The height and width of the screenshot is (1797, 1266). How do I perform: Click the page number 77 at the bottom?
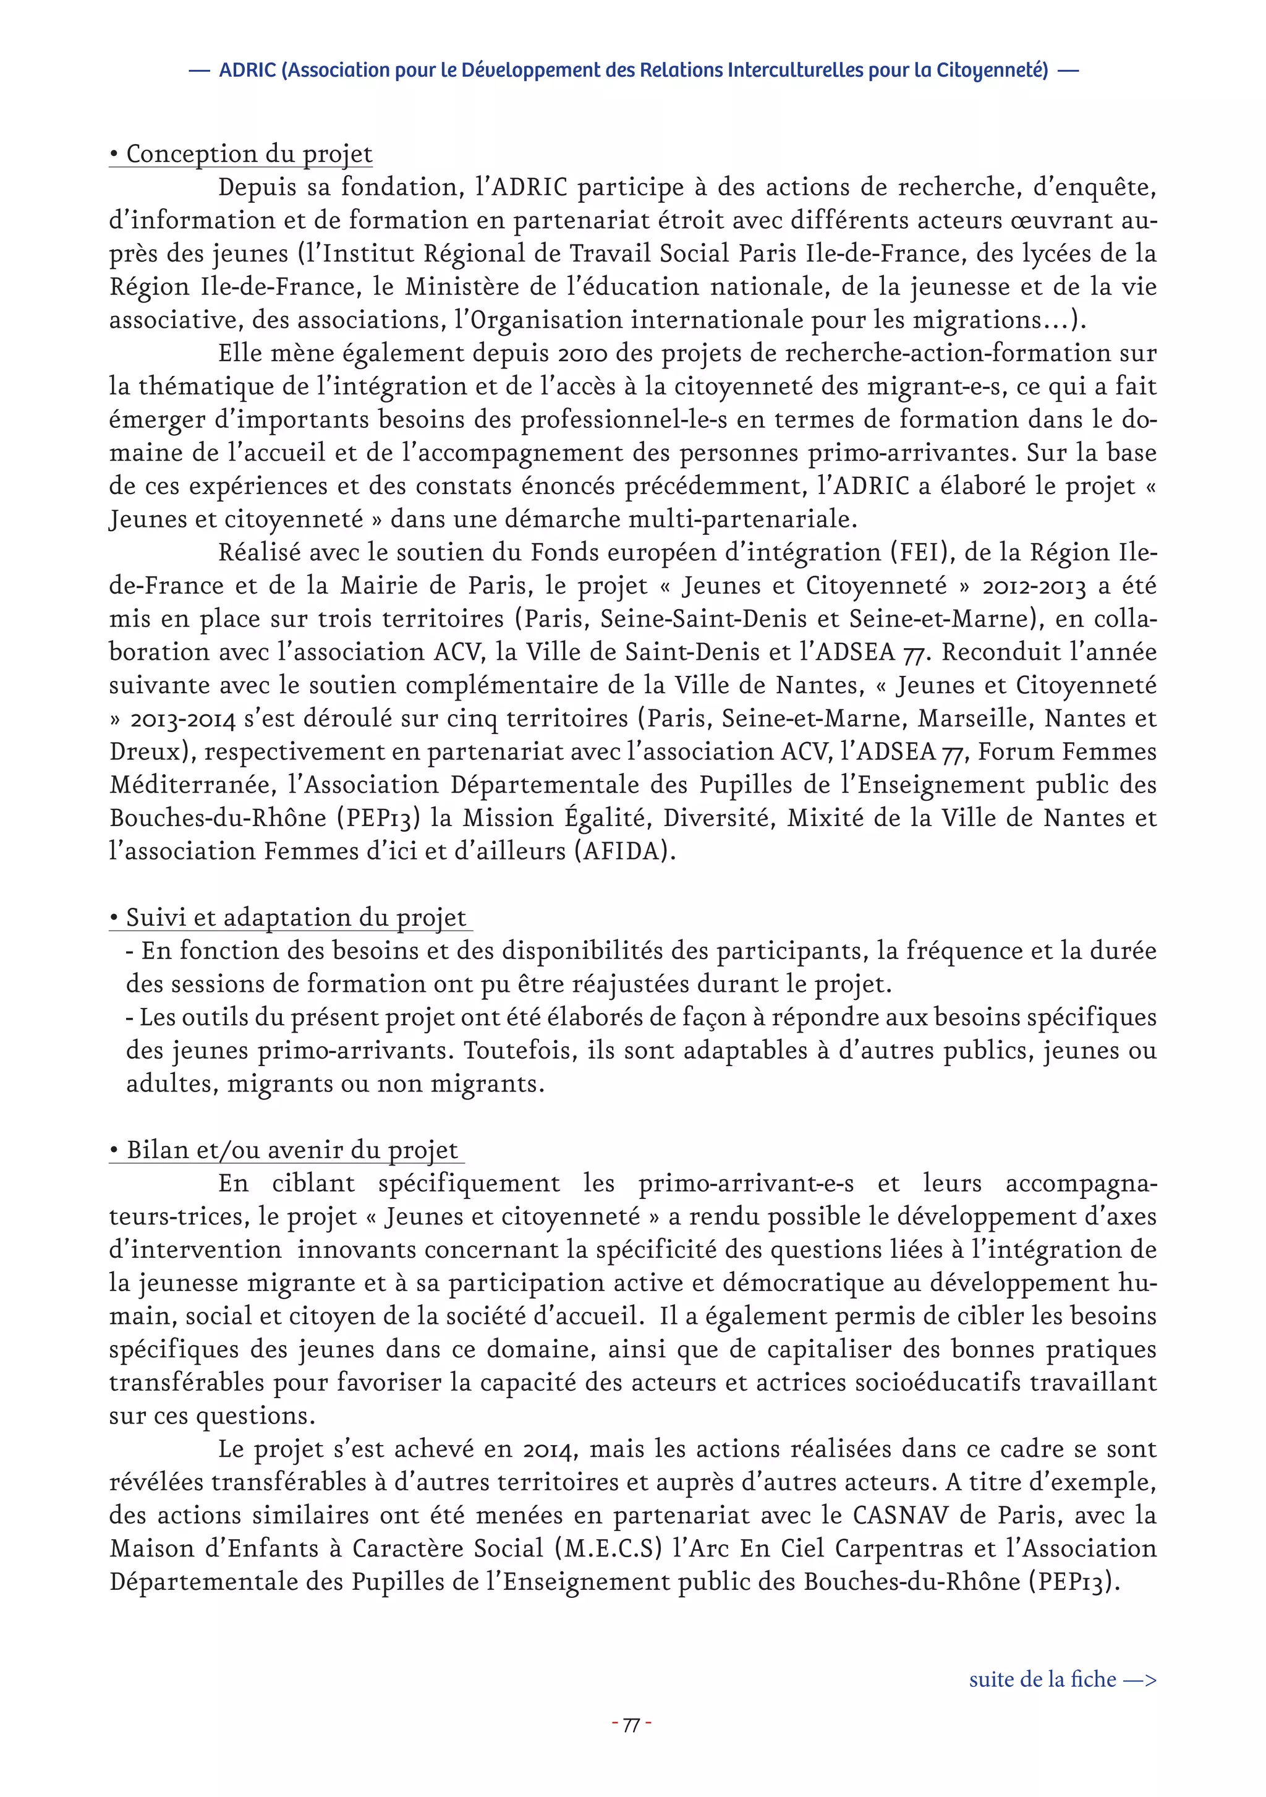[x=631, y=1726]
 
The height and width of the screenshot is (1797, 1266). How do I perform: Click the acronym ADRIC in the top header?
[x=248, y=70]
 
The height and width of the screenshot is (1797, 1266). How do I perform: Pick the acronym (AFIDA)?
[x=624, y=852]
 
